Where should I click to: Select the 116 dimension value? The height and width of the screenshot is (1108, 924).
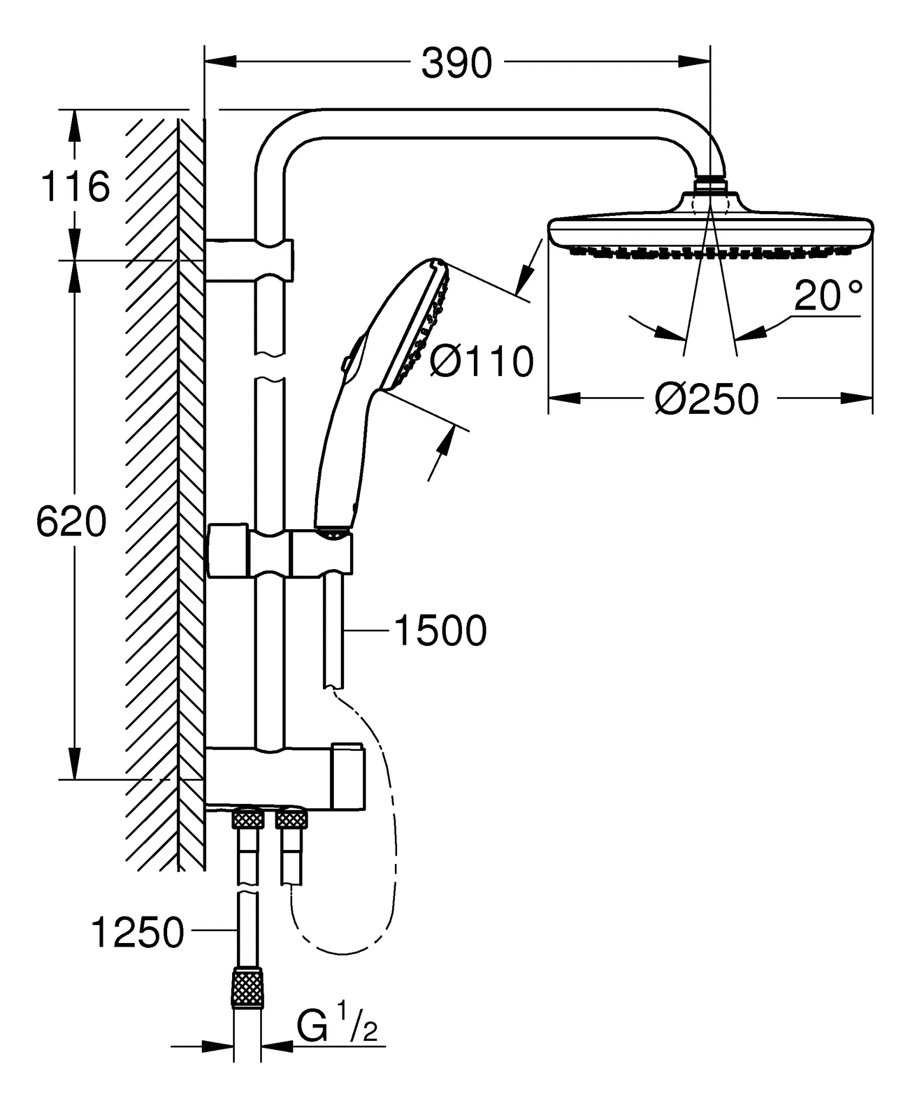point(76,187)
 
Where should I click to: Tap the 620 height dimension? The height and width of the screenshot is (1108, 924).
point(71,522)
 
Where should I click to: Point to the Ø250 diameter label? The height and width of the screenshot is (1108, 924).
point(707,400)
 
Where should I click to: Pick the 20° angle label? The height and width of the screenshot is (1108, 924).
point(828,296)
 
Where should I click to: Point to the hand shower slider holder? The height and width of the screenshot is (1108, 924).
point(321,553)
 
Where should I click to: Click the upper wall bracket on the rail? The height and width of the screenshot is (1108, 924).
point(249,260)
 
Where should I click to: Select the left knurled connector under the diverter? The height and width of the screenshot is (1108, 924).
point(248,820)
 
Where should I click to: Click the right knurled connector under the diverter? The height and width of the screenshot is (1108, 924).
point(292,820)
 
